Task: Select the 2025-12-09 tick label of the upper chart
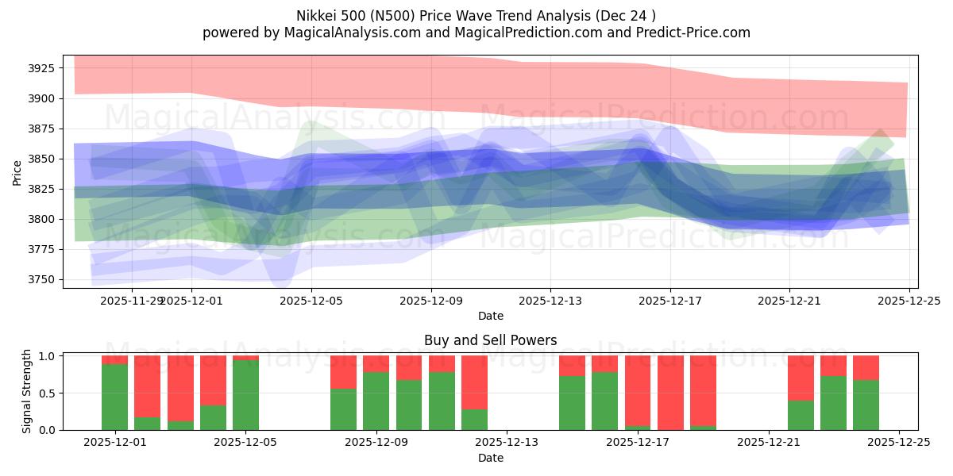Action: [431, 301]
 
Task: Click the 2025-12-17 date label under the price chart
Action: [669, 301]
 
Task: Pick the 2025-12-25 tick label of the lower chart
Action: [899, 443]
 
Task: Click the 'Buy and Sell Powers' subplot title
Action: [490, 340]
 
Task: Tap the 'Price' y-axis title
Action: [17, 172]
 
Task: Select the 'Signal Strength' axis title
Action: [26, 390]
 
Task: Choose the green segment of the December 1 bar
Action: [114, 397]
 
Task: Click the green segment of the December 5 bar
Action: [245, 394]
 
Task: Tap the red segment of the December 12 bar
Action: [474, 382]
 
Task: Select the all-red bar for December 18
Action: [670, 393]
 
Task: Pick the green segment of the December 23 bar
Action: [833, 402]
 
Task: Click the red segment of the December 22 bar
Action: [801, 378]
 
